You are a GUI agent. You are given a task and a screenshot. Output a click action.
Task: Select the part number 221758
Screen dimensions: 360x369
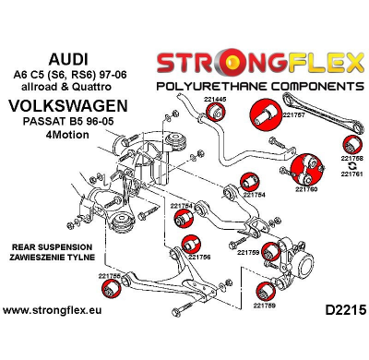point(351,159)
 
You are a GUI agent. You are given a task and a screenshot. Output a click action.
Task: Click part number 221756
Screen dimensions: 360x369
point(200,257)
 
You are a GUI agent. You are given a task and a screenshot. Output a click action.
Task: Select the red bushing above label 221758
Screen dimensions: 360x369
point(351,144)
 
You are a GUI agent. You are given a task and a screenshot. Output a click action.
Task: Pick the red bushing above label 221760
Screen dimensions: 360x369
point(305,170)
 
